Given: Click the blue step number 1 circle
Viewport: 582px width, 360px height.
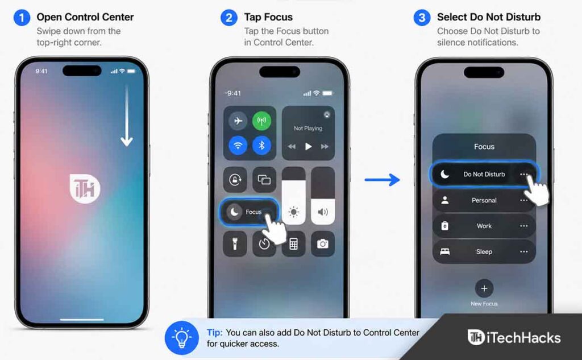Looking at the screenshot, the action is tap(22, 18).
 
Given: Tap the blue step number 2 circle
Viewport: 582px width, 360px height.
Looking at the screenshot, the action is tap(228, 18).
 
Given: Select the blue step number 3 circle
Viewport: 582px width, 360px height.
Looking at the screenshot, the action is tap(422, 18).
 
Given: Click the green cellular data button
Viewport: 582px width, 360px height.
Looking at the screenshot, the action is tap(261, 121).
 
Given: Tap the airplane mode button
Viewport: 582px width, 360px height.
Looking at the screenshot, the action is tap(238, 121).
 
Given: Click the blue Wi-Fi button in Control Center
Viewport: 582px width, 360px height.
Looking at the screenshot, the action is tap(238, 145).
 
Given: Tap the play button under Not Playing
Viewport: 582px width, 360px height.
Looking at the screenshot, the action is tap(308, 146).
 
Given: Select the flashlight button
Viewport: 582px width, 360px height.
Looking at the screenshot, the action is tap(235, 244).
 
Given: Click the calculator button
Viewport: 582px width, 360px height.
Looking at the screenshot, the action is tap(293, 244).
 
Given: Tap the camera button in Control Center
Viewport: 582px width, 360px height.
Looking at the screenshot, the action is tap(323, 244).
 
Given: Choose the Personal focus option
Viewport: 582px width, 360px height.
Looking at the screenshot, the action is tap(484, 200).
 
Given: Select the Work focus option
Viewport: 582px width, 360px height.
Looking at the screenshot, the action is tap(484, 226).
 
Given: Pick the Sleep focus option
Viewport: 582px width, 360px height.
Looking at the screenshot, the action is tap(484, 251).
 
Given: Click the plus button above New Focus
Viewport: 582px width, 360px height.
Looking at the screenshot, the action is tap(484, 288).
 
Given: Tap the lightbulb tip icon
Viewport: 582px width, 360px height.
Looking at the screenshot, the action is tap(181, 338).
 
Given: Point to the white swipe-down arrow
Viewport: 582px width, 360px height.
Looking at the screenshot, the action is tap(127, 115).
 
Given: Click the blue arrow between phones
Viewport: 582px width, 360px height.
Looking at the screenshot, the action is tap(382, 180).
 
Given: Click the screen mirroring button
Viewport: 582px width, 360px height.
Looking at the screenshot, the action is tap(264, 180).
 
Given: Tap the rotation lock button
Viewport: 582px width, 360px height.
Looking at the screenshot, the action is tap(235, 180).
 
